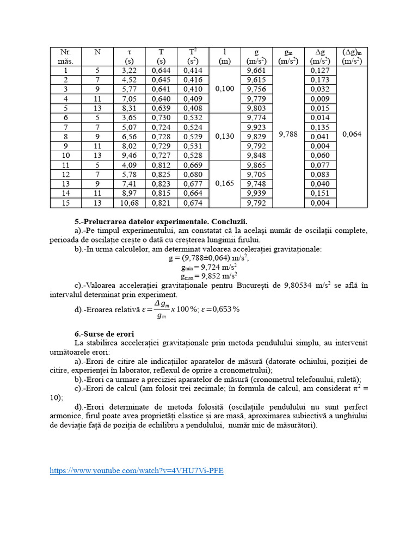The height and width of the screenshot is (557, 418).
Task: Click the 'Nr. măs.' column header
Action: tap(66, 57)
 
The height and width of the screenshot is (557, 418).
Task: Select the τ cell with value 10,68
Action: tap(129, 203)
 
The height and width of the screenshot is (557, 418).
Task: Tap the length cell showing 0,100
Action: tap(225, 89)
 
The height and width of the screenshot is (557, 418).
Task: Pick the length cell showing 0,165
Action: tap(225, 184)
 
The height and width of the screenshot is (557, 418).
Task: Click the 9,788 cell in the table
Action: tap(288, 134)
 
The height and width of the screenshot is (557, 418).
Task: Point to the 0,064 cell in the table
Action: tap(352, 134)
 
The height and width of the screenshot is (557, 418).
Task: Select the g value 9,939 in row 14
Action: tap(256, 193)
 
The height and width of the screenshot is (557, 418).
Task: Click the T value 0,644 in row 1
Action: tap(161, 71)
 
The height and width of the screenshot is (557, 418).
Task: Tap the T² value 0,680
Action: tap(193, 175)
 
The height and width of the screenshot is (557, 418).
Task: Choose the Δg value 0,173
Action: tap(320, 80)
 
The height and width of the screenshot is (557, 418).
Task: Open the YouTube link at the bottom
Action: tap(136, 471)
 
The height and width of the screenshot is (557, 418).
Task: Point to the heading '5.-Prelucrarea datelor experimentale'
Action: tap(161, 221)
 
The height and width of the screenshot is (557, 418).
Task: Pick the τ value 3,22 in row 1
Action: tap(129, 71)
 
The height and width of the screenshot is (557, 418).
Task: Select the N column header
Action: tap(97, 52)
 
